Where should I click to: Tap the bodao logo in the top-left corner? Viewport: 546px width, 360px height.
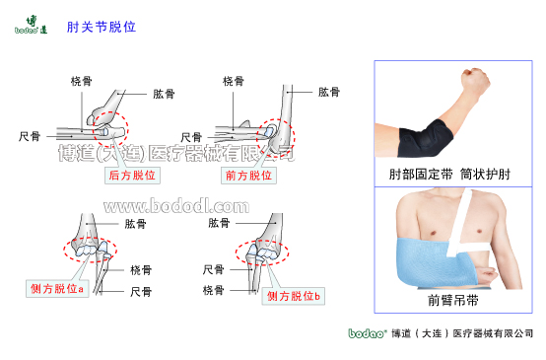(x=33, y=25)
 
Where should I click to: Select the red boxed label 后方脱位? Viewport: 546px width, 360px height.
(x=132, y=176)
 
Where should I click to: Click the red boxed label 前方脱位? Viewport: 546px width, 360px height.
(x=246, y=176)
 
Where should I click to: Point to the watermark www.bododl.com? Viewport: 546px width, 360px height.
(x=176, y=206)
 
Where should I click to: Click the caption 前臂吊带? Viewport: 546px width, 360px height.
(x=452, y=299)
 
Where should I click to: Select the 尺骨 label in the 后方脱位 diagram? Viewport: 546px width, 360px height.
(x=30, y=136)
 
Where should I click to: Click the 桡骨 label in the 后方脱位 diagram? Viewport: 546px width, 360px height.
(x=82, y=81)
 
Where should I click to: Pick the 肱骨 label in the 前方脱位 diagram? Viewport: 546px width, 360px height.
(x=328, y=92)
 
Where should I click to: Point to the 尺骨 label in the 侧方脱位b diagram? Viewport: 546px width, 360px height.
(x=214, y=269)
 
